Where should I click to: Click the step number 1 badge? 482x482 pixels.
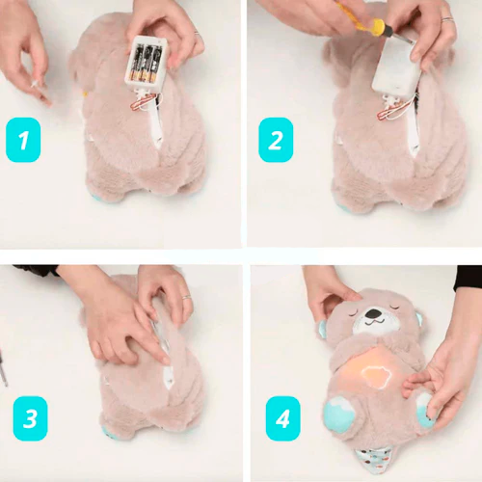[x=23, y=140]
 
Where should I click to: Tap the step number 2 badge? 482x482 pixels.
[x=276, y=140]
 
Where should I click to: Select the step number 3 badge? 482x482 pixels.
[x=30, y=418]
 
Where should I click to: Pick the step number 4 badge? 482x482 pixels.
[x=283, y=418]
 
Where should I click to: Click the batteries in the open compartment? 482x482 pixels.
[x=147, y=63]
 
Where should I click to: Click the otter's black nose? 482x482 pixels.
[x=373, y=312]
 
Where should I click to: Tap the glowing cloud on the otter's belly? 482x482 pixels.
[x=376, y=376]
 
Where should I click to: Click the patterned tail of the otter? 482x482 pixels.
[x=373, y=463]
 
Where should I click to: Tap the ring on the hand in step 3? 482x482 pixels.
[x=187, y=297]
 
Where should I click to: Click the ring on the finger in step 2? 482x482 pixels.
[x=447, y=19]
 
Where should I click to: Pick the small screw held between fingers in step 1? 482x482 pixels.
[x=35, y=84]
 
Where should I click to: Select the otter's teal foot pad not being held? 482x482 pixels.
[x=338, y=413]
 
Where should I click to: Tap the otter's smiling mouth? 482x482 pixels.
[x=373, y=322]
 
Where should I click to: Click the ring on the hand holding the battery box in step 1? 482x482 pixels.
[x=198, y=34]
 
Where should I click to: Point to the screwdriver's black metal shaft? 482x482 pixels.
[x=397, y=36]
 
